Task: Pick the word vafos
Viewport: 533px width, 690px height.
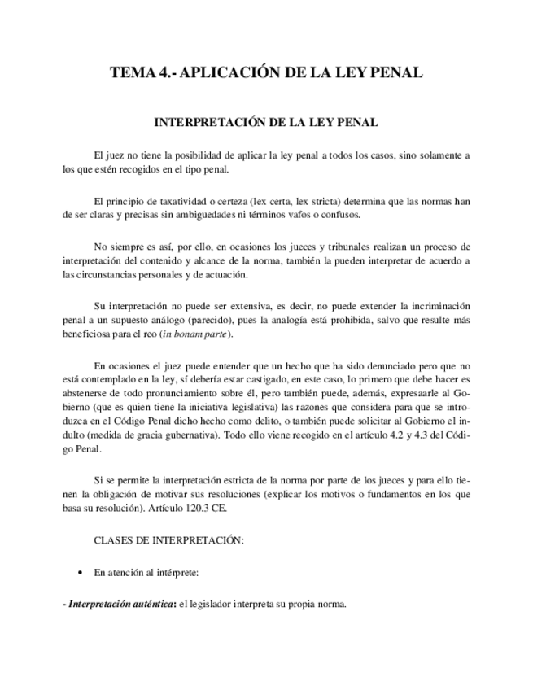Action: point(305,215)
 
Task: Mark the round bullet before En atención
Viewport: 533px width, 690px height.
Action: point(79,573)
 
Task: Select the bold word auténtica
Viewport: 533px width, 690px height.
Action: point(147,604)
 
